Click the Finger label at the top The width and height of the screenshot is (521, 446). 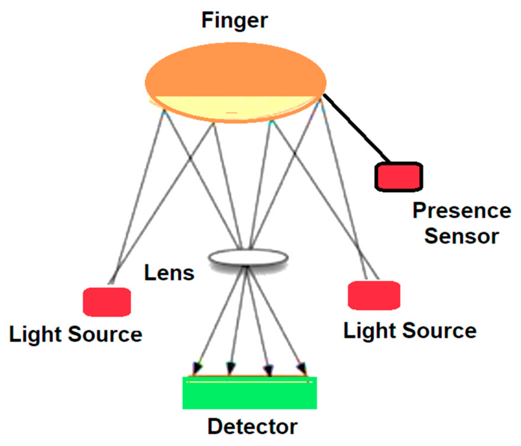pyautogui.click(x=234, y=21)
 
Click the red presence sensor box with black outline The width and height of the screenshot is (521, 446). pyautogui.click(x=399, y=177)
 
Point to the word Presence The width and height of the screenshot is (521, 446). pyautogui.click(x=462, y=211)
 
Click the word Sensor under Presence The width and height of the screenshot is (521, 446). pyautogui.click(x=461, y=236)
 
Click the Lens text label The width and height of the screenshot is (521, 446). pyautogui.click(x=169, y=273)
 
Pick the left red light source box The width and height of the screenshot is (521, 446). pyautogui.click(x=107, y=302)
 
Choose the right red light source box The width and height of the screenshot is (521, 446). pyautogui.click(x=374, y=295)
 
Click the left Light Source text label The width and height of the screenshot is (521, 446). pyautogui.click(x=75, y=334)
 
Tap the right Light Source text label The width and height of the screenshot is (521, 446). pyautogui.click(x=410, y=331)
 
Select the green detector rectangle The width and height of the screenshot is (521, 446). pyautogui.click(x=249, y=396)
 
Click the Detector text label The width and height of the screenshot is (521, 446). pyautogui.click(x=252, y=427)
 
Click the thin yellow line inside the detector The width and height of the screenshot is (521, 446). pyautogui.click(x=249, y=382)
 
